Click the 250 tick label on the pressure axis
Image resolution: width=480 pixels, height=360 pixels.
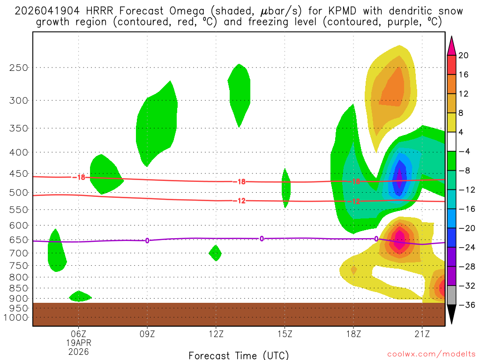tap(19, 67)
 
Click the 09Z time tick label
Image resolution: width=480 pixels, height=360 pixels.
tap(147, 334)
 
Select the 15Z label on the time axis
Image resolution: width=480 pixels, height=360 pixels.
tap(285, 334)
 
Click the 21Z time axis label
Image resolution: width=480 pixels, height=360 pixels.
tap(422, 334)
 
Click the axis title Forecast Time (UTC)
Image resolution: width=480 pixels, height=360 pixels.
tap(239, 355)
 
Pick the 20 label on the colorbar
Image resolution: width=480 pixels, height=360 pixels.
tap(464, 55)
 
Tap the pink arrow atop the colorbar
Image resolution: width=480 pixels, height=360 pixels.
tap(451, 45)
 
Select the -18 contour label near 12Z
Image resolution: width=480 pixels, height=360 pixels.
tap(239, 182)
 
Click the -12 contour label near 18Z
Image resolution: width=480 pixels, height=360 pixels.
tap(353, 202)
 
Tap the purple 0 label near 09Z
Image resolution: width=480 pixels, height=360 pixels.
tap(147, 240)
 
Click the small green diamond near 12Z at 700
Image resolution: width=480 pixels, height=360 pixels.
tap(215, 253)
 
